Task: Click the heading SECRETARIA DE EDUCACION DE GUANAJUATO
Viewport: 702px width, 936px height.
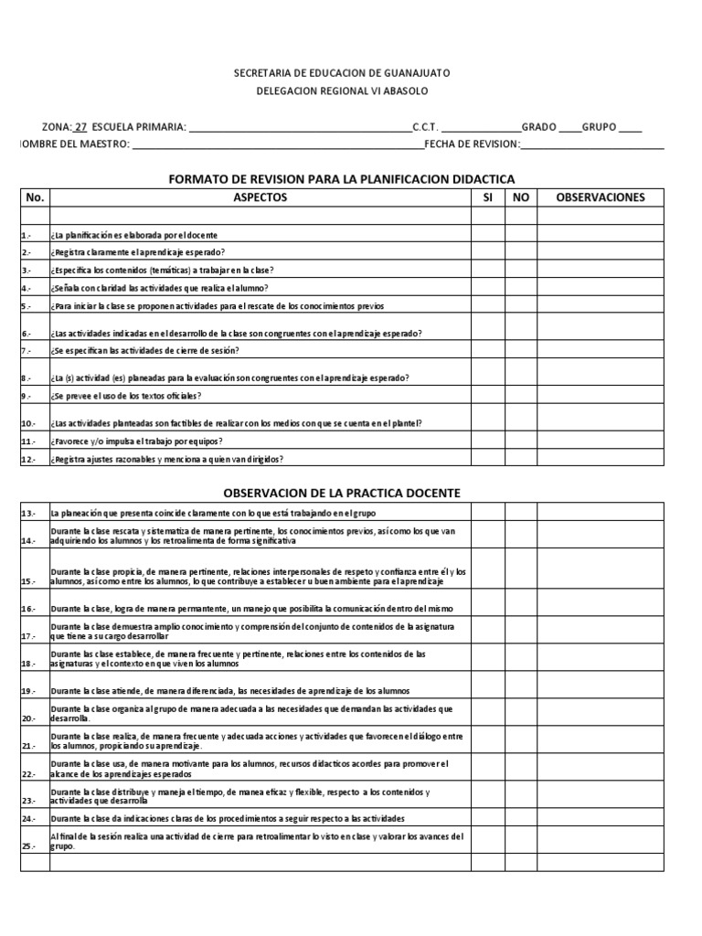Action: (342, 72)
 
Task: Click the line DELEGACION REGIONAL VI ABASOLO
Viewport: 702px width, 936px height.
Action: (342, 90)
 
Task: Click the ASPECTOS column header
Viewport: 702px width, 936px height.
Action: (260, 197)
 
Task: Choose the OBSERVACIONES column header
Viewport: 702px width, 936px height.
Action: (601, 197)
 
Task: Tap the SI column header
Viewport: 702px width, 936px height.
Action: (487, 197)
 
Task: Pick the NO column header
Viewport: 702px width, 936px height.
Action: (520, 197)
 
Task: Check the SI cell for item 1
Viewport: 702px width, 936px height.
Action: (487, 234)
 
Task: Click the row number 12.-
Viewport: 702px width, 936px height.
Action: (28, 459)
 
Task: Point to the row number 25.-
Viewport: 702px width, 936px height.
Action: (28, 846)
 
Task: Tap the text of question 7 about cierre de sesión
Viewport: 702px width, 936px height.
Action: (145, 351)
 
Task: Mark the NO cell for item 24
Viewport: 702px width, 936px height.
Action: (520, 818)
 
